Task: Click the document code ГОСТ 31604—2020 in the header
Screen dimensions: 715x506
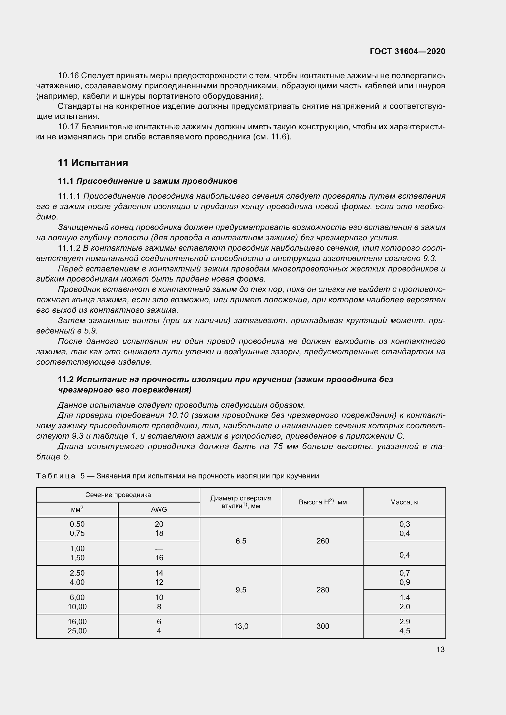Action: click(x=407, y=51)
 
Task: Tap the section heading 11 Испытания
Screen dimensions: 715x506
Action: click(x=93, y=163)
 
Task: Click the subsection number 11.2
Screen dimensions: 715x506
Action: click(x=66, y=379)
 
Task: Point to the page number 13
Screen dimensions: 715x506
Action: click(x=440, y=649)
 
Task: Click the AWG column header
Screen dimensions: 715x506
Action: click(x=159, y=509)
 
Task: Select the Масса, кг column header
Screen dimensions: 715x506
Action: click(x=404, y=502)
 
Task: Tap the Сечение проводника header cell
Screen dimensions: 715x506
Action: click(x=118, y=495)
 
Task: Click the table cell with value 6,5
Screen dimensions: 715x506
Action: click(x=241, y=541)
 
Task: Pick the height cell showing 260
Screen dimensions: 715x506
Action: click(x=322, y=541)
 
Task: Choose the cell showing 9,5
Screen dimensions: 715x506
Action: click(x=241, y=590)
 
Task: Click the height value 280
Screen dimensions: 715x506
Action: click(x=322, y=590)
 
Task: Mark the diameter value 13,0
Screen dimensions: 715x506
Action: click(x=241, y=626)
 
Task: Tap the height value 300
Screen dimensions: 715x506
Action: click(x=322, y=626)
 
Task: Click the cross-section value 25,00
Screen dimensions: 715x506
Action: click(x=77, y=631)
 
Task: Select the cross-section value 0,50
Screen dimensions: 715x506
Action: click(x=77, y=524)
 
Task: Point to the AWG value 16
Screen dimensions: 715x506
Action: click(x=159, y=558)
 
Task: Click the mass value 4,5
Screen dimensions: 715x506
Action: click(x=404, y=631)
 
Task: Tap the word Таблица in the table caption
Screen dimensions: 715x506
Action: click(x=55, y=476)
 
